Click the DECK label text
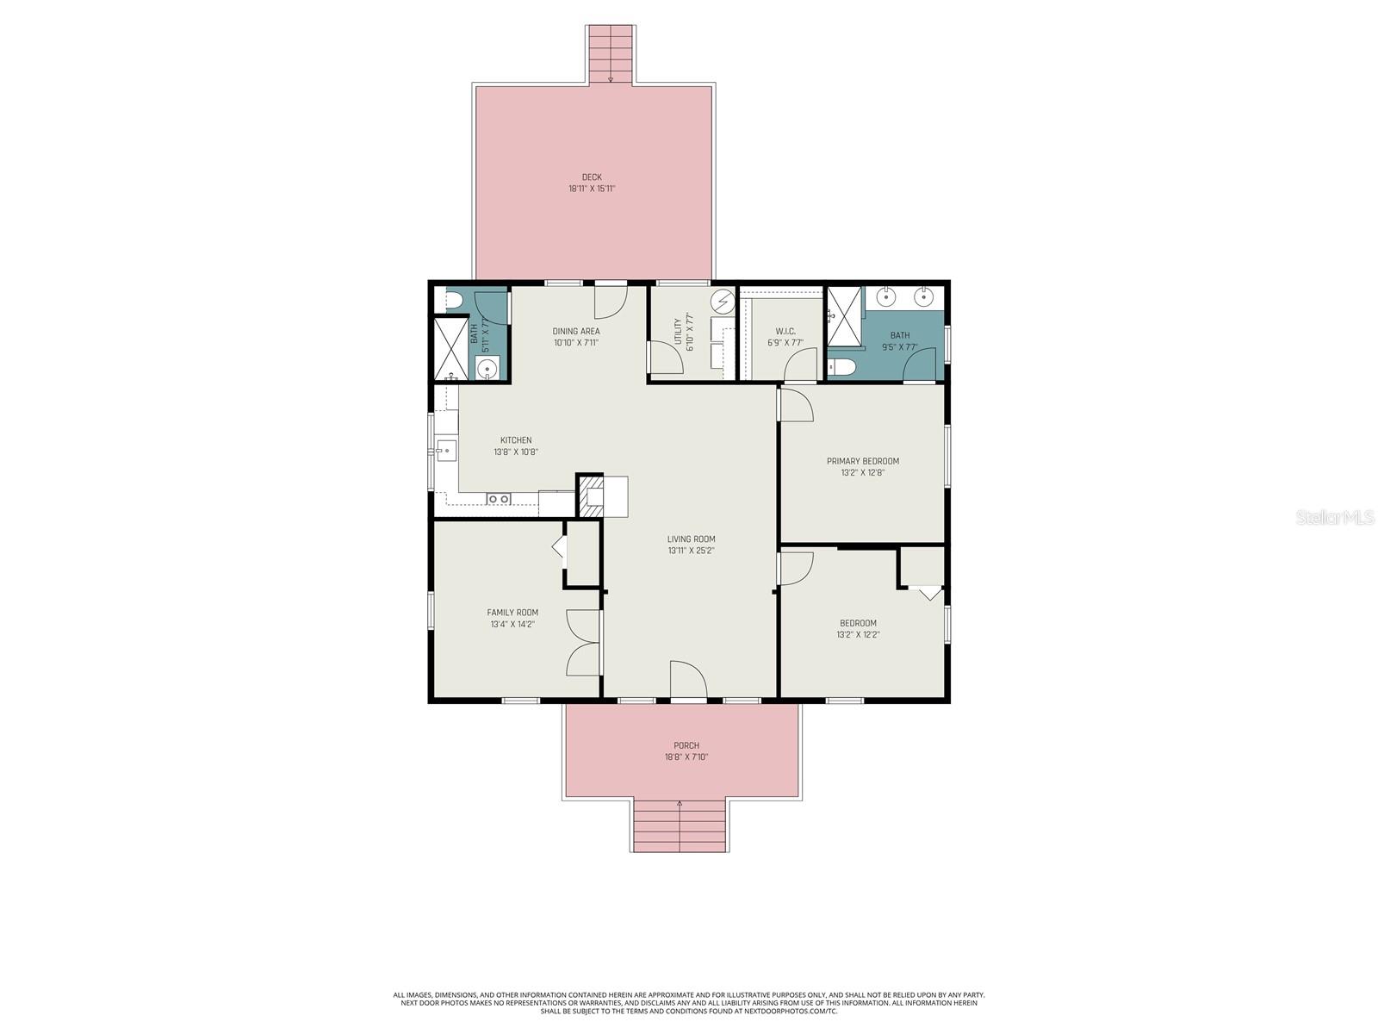(592, 178)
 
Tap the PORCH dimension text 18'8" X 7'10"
(686, 757)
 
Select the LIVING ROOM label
(691, 539)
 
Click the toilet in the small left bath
(450, 301)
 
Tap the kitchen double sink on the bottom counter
(499, 499)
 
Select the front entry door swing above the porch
(688, 680)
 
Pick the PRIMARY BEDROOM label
(863, 461)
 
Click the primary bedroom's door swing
(796, 405)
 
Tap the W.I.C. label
(785, 331)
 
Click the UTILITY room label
(678, 332)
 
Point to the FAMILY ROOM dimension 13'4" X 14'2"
(512, 625)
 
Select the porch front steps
(680, 826)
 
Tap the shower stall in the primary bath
(845, 315)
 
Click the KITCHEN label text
(516, 440)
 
